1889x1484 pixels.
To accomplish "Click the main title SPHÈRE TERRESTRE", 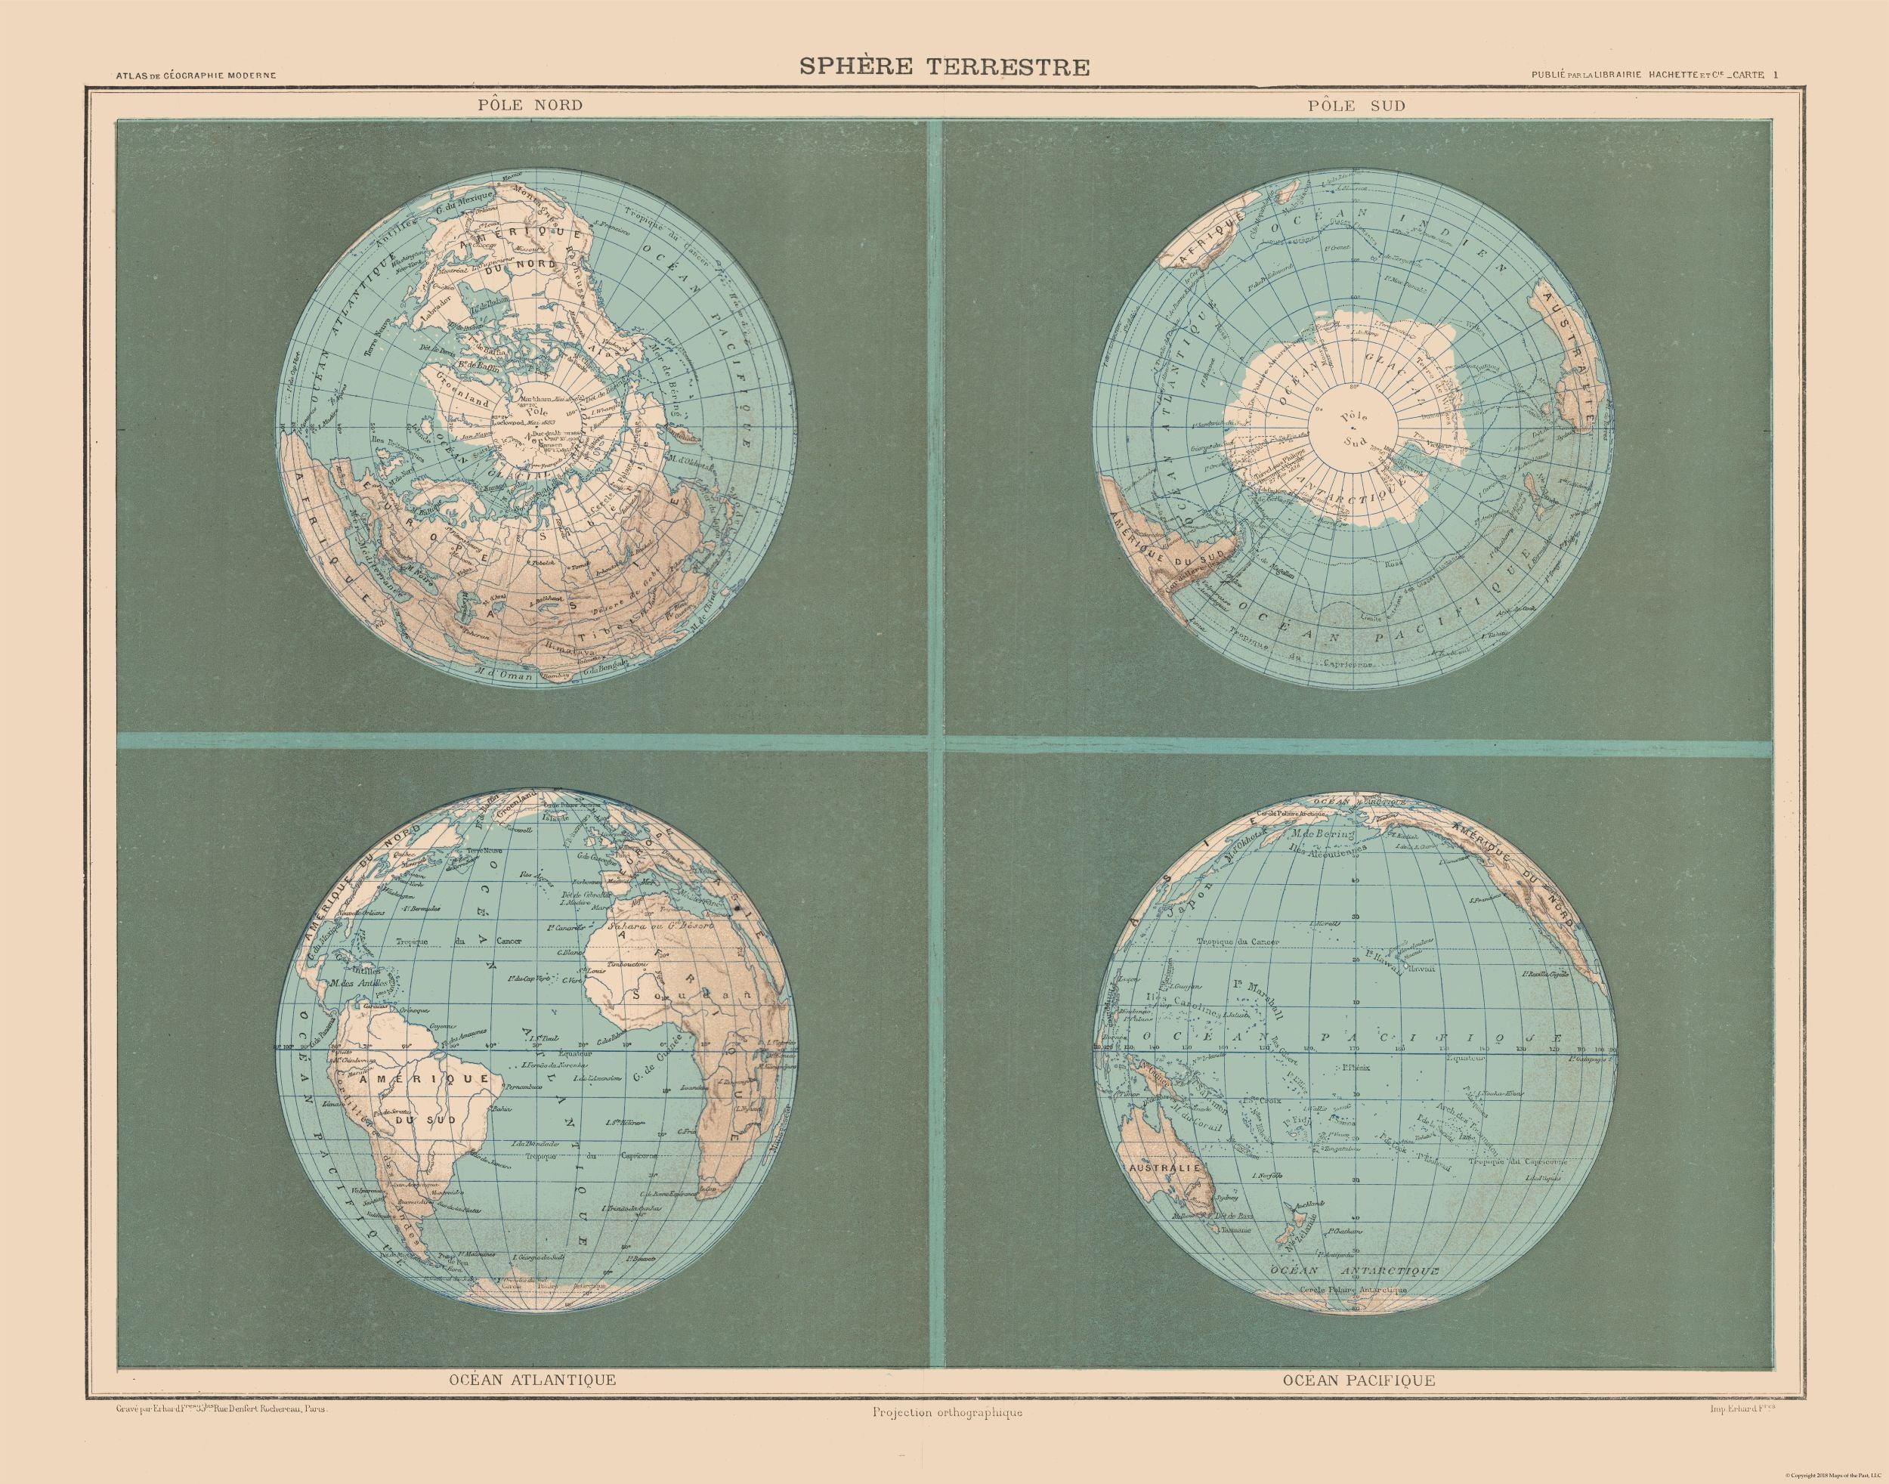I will [944, 67].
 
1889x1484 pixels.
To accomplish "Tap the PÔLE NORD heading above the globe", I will [518, 105].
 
